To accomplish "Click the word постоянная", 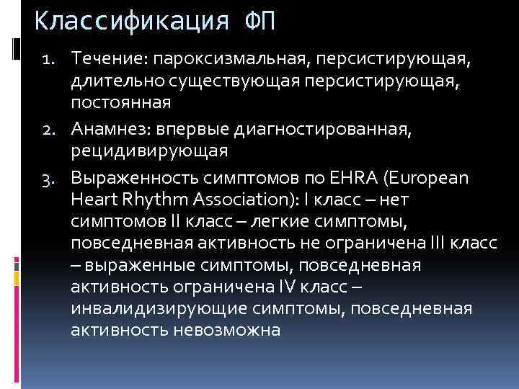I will coord(120,103).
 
